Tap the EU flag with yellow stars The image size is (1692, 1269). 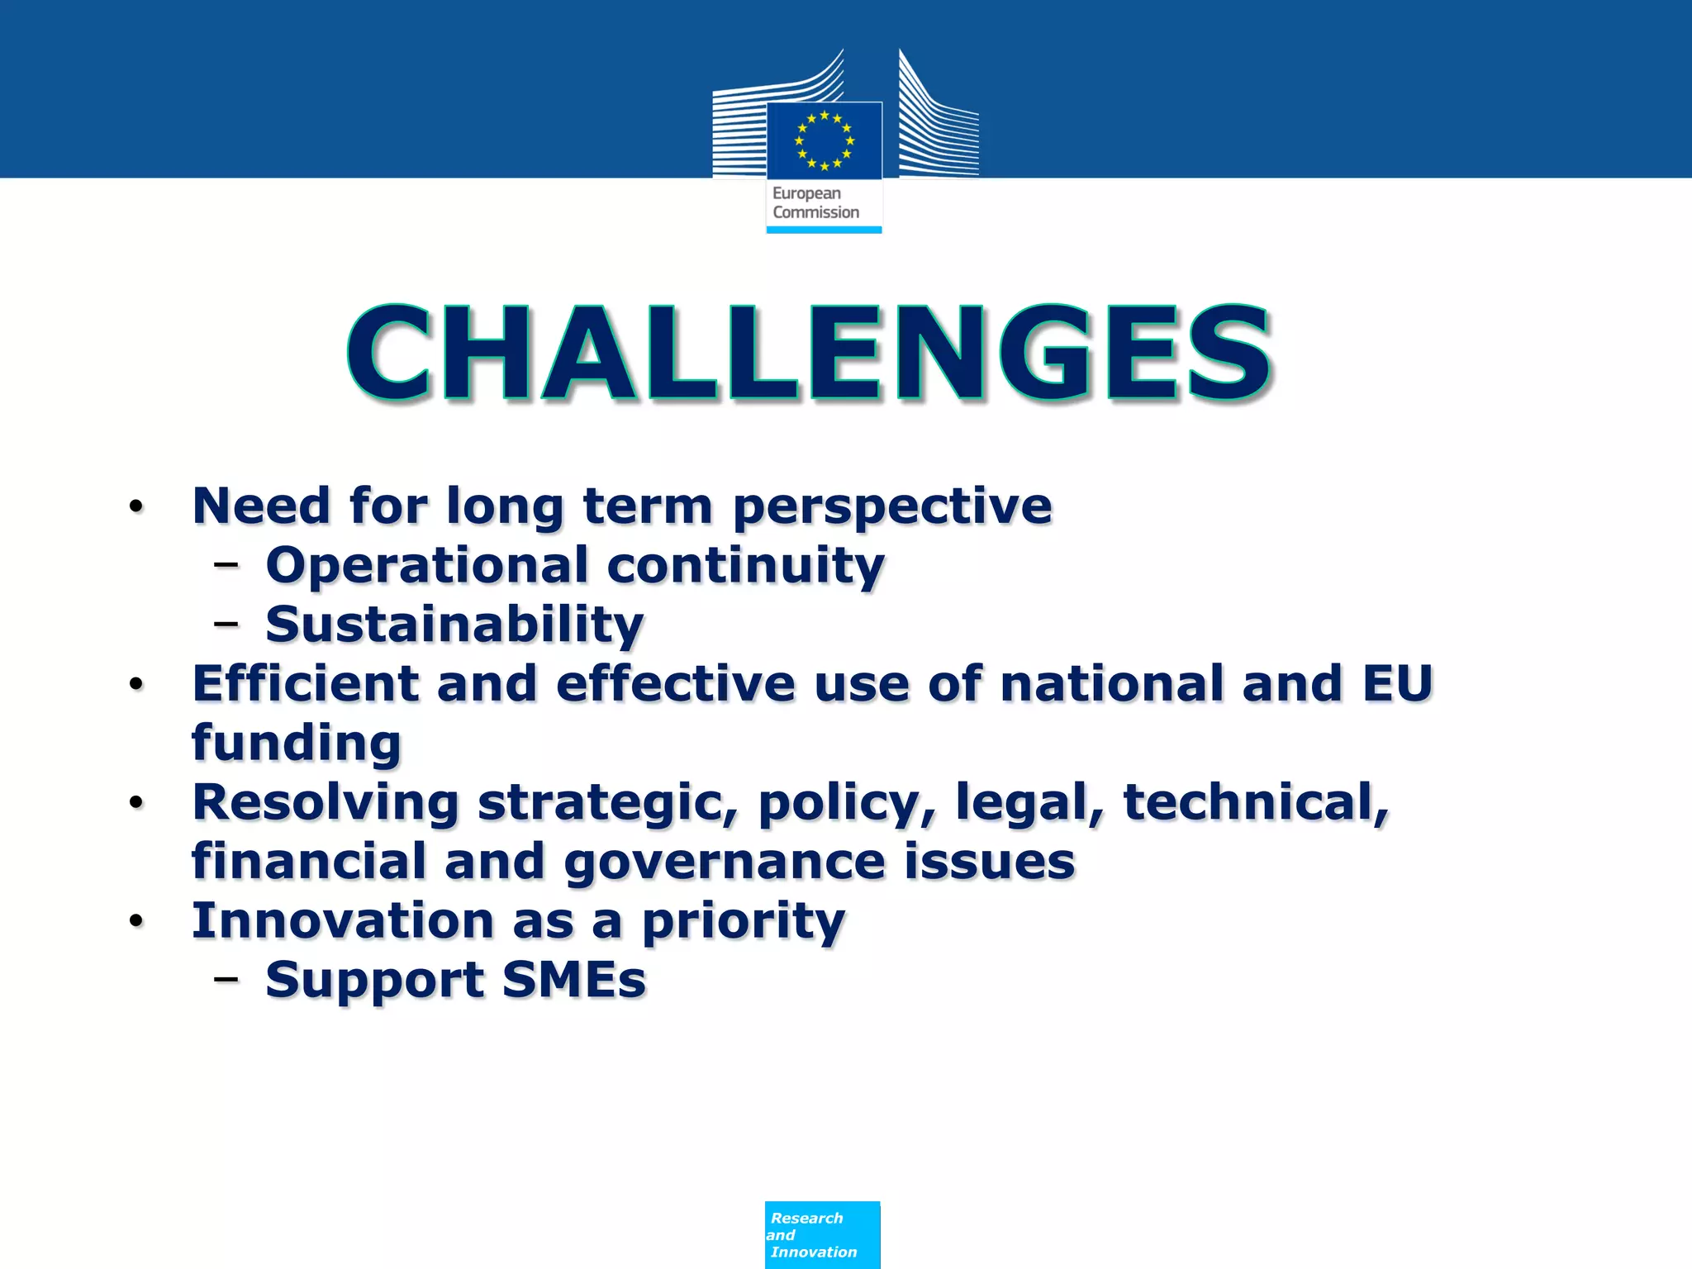pos(824,140)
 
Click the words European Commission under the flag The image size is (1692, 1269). pos(815,202)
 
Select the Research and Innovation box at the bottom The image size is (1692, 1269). pos(822,1234)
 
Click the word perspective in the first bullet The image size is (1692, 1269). pos(892,506)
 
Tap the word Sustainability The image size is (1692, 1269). pos(454,625)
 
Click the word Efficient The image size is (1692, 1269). pos(306,684)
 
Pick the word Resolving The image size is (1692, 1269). pos(326,803)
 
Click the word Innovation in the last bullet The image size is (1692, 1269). pos(343,920)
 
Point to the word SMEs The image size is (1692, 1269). pos(573,981)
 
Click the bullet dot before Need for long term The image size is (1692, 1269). pos(136,506)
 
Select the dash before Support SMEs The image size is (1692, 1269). pos(226,980)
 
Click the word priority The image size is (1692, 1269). pos(744,922)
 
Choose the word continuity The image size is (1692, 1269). pos(745,566)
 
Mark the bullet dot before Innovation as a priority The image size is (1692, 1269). pos(136,921)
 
